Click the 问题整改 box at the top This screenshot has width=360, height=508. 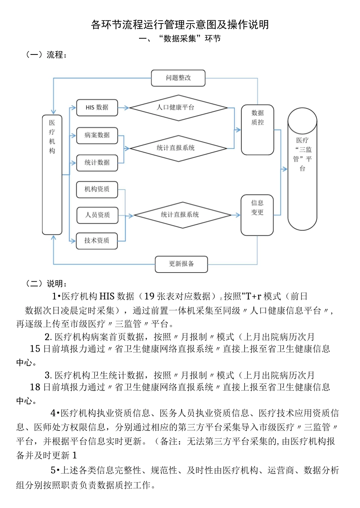(x=178, y=78)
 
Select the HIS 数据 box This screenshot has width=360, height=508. (x=97, y=108)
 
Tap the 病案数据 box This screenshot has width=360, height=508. (x=97, y=135)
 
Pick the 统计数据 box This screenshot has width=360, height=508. (x=97, y=163)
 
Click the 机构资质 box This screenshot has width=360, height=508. (x=97, y=189)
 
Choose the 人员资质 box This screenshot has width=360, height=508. (x=97, y=215)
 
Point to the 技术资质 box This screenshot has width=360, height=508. (x=97, y=241)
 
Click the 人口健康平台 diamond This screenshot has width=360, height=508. (x=178, y=108)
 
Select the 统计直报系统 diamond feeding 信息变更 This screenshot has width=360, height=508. (x=182, y=215)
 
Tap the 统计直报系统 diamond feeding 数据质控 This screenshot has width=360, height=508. (x=178, y=148)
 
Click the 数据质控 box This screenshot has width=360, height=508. (x=257, y=130)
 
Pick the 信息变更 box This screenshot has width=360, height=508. (x=257, y=215)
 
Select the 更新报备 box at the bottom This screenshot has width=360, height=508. (x=181, y=264)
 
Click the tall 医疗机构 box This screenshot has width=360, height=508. (x=52, y=175)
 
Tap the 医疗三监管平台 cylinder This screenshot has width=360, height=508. (x=302, y=169)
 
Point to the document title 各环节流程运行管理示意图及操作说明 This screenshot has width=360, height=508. (x=180, y=25)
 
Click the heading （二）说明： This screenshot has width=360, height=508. (x=47, y=284)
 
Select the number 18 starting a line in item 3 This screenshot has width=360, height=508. (x=35, y=387)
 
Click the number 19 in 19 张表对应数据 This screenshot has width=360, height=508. (x=149, y=296)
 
